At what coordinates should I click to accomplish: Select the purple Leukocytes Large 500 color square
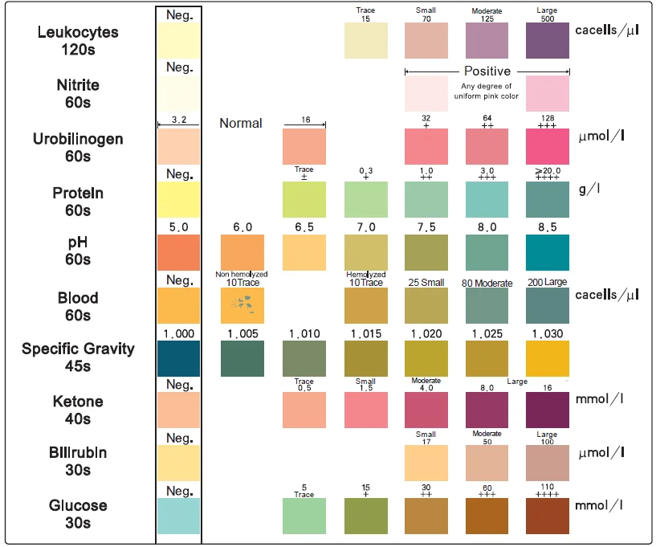[x=547, y=40]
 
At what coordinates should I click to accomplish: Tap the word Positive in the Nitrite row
[x=487, y=71]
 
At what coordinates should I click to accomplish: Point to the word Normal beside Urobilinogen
[x=241, y=123]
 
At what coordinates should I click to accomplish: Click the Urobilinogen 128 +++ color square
[x=547, y=145]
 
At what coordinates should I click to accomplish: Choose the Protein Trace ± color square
[x=304, y=199]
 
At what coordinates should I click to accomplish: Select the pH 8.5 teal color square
[x=547, y=253]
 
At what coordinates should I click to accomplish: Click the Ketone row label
[x=72, y=410]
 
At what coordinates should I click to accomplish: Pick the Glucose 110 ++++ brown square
[x=547, y=516]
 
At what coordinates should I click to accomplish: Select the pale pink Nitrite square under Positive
[x=426, y=93]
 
